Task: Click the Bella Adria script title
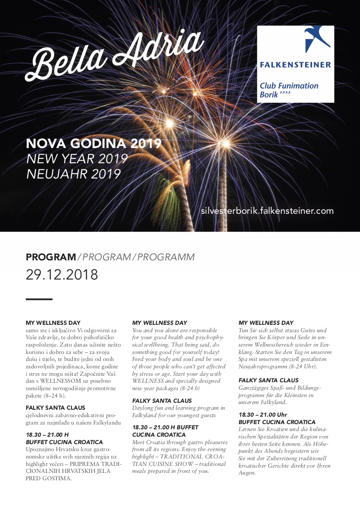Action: (115, 57)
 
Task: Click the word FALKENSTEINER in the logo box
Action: (295, 65)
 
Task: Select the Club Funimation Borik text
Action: (289, 90)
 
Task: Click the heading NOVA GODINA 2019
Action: (94, 144)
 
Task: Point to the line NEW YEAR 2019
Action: (77, 159)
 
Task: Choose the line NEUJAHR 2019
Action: (73, 174)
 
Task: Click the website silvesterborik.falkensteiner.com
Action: (267, 211)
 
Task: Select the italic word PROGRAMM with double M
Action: (166, 257)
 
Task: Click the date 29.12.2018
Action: (62, 275)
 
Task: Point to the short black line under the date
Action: (39, 299)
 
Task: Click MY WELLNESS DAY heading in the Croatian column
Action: (53, 323)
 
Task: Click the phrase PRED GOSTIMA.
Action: (48, 478)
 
